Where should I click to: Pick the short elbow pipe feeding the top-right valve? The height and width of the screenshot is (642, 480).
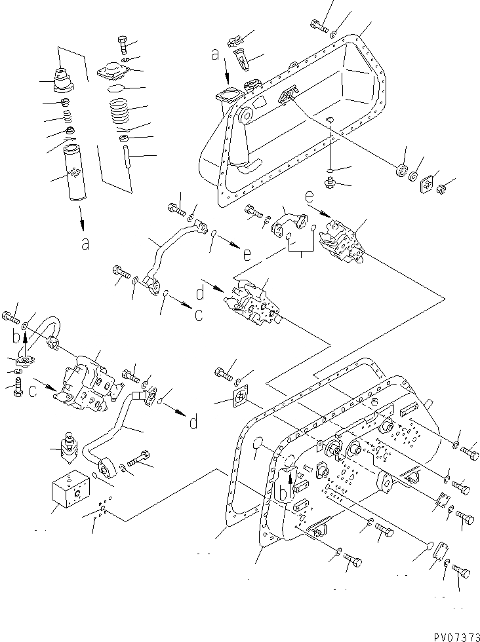[291, 220]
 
